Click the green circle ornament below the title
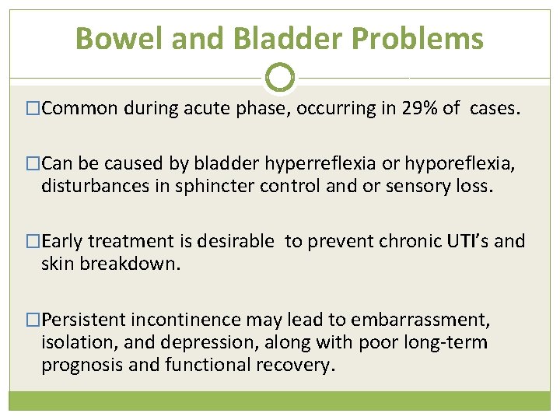click(280, 77)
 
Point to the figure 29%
click(421, 109)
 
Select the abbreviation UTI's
click(467, 242)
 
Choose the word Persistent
click(84, 320)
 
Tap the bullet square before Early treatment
click(33, 242)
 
